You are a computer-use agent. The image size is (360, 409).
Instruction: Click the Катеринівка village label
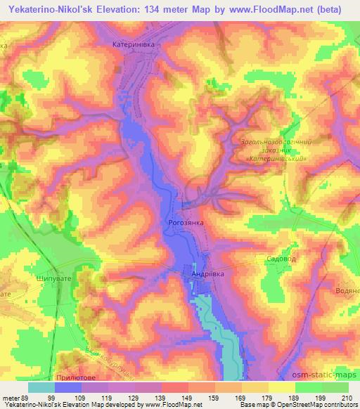coord(137,43)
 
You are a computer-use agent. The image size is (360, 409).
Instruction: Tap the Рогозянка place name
coord(184,222)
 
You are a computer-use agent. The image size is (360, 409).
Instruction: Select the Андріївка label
coord(207,274)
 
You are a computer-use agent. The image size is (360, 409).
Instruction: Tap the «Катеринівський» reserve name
coord(278,158)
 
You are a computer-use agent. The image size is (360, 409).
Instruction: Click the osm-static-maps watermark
coord(324,377)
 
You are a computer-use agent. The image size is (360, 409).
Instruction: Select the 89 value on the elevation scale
coord(21,398)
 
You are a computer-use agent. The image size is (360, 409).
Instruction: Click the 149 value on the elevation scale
coord(188,398)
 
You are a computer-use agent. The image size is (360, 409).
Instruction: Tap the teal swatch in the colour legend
coord(41,387)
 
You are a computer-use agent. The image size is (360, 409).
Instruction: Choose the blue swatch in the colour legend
coord(68,387)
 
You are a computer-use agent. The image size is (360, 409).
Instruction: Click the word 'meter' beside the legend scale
coord(8,398)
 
